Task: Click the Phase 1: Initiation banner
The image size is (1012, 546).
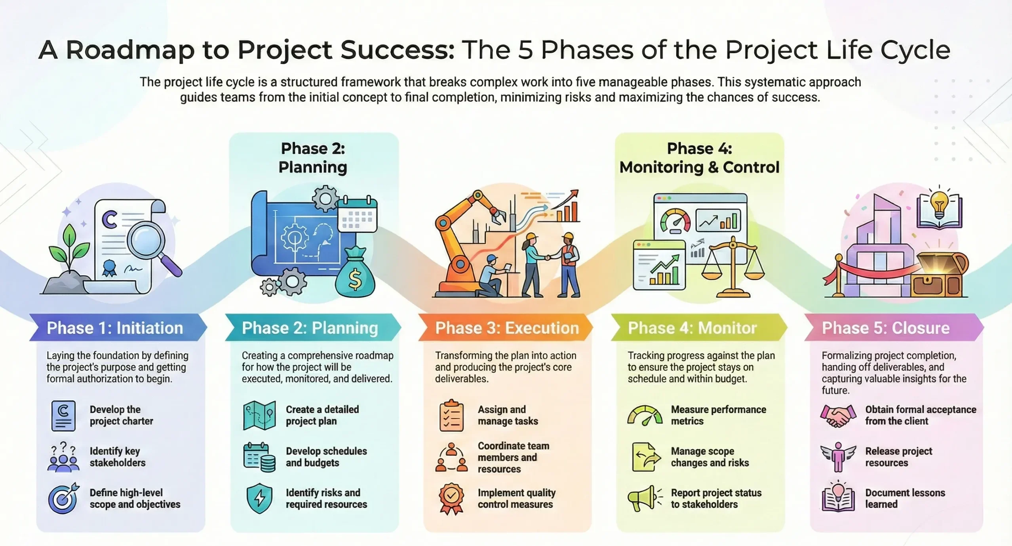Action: point(117,328)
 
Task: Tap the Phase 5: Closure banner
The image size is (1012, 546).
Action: point(893,328)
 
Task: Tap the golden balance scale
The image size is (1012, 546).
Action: point(733,269)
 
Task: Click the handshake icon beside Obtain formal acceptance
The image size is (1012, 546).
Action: point(836,415)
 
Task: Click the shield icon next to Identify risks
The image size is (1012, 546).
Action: point(259,498)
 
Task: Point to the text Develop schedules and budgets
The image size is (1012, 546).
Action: point(326,457)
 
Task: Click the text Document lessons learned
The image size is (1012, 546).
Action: point(905,498)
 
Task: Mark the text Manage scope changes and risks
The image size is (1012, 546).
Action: point(710,457)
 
